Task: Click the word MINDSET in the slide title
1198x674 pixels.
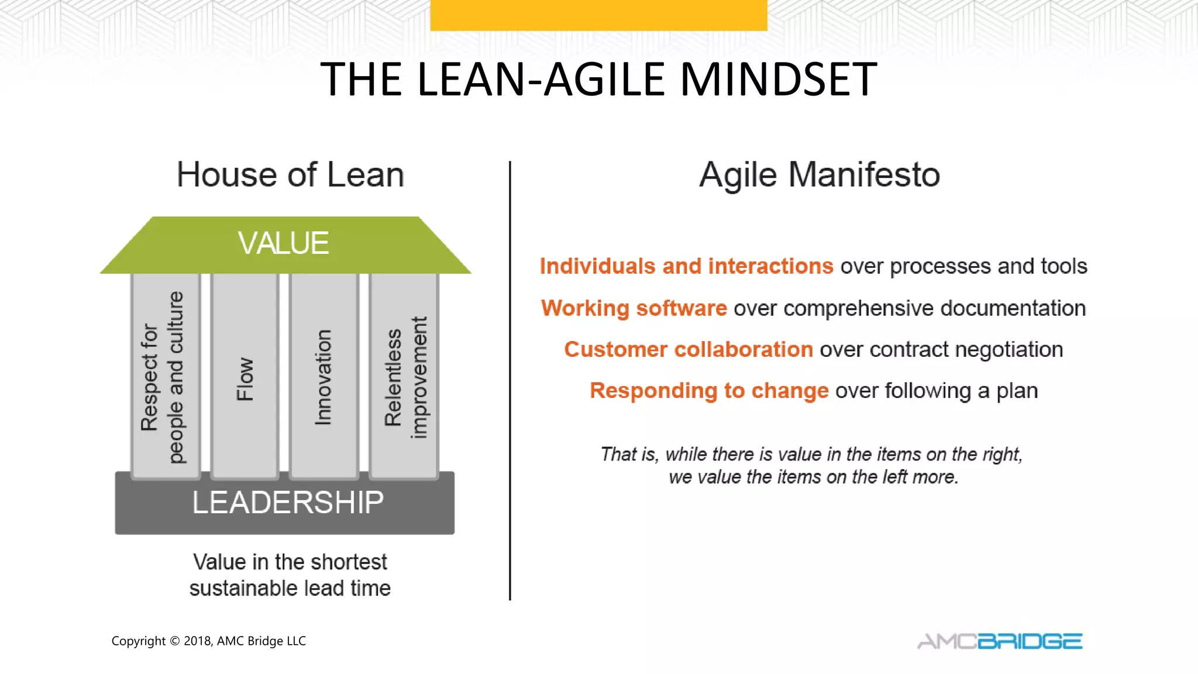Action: (x=778, y=80)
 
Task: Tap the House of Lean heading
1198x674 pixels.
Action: (x=290, y=175)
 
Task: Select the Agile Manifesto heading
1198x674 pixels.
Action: (x=819, y=175)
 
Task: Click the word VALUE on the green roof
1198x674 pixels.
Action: (x=284, y=243)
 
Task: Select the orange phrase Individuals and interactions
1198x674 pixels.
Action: (x=686, y=266)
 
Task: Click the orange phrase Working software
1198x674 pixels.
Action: (x=634, y=308)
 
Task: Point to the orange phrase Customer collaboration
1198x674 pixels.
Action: (x=688, y=349)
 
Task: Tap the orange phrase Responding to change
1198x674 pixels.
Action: (x=708, y=390)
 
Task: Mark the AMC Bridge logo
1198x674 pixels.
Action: (x=1000, y=641)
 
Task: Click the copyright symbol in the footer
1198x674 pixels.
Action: (x=174, y=641)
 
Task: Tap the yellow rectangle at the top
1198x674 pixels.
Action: (x=598, y=15)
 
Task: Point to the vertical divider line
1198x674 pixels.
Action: (x=510, y=380)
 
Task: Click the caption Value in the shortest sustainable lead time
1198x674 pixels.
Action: (x=290, y=575)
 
